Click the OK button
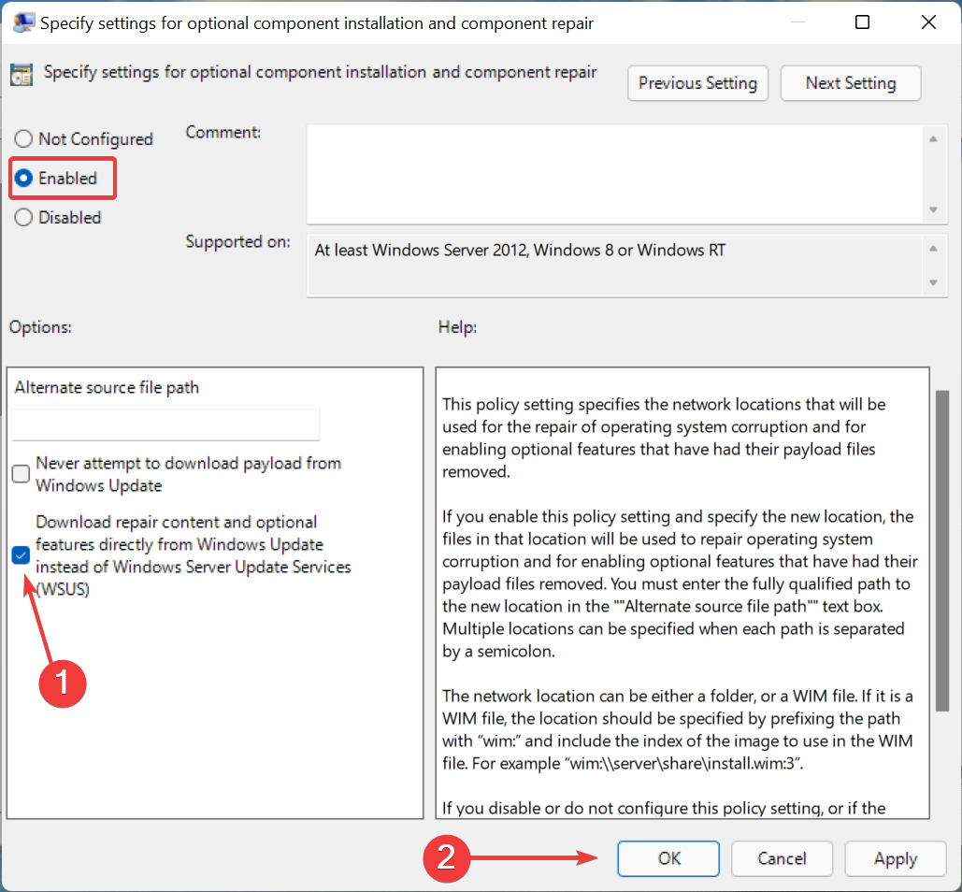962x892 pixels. coord(668,858)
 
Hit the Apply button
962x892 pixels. coord(895,858)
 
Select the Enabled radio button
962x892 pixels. coord(23,178)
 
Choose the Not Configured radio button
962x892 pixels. coord(23,138)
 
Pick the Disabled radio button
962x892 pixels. coord(23,217)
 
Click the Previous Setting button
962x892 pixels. coord(697,83)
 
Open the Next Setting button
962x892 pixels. coord(851,83)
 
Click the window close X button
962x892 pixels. coord(928,22)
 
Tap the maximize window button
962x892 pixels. coord(862,22)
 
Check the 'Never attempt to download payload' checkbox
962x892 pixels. coord(21,474)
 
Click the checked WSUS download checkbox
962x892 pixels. coord(21,555)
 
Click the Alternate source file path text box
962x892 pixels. coord(165,424)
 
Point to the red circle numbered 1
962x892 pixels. coord(63,683)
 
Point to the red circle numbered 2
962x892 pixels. coord(447,857)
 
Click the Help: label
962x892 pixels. coord(457,327)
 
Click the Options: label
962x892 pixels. coord(40,327)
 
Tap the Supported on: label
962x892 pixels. coord(238,242)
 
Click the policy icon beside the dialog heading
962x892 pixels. coord(22,75)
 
